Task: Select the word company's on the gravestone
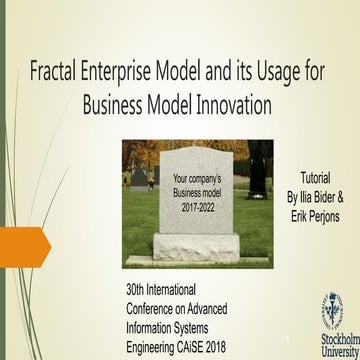[208, 180]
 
